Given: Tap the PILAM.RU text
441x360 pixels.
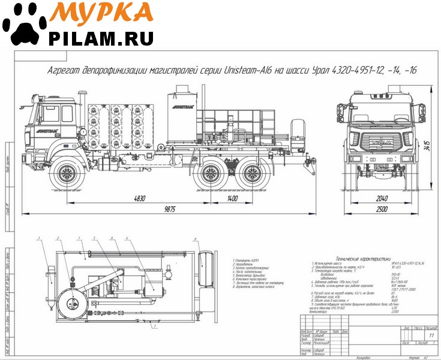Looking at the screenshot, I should pos(102,39).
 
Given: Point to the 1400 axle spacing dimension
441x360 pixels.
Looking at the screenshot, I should pos(229,197).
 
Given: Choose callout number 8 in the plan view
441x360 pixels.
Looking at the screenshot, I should pos(196,238).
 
